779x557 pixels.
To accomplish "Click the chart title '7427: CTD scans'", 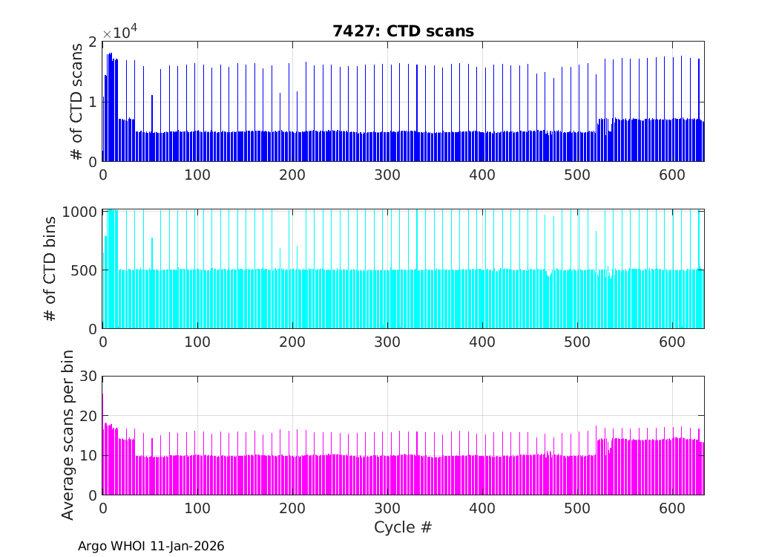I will pyautogui.click(x=403, y=30).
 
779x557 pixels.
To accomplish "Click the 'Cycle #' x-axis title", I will pyautogui.click(x=403, y=527).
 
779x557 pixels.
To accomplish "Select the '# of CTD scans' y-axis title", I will pyautogui.click(x=76, y=101).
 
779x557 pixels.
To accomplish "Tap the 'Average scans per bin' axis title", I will pyautogui.click(x=68, y=434).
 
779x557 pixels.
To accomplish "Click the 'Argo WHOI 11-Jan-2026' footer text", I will pyautogui.click(x=151, y=546).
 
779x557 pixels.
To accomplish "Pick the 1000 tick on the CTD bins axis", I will pyautogui.click(x=82, y=212).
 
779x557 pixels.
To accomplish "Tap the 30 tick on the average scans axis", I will pyautogui.click(x=89, y=377).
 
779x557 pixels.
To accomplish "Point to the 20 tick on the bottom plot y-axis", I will pyautogui.click(x=89, y=416).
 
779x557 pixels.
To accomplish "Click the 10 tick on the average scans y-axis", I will pyautogui.click(x=89, y=455).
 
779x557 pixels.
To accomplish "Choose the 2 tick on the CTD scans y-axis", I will pyautogui.click(x=93, y=42).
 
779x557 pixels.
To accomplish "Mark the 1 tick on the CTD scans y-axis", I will pyautogui.click(x=93, y=102).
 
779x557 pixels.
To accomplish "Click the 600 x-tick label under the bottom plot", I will pyautogui.click(x=672, y=508).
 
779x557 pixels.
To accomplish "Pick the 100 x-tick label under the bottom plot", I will pyautogui.click(x=197, y=508).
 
